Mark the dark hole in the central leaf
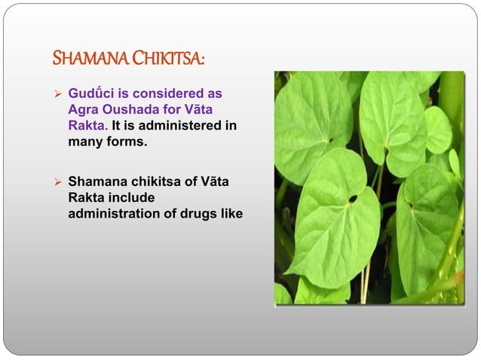[353, 199]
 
